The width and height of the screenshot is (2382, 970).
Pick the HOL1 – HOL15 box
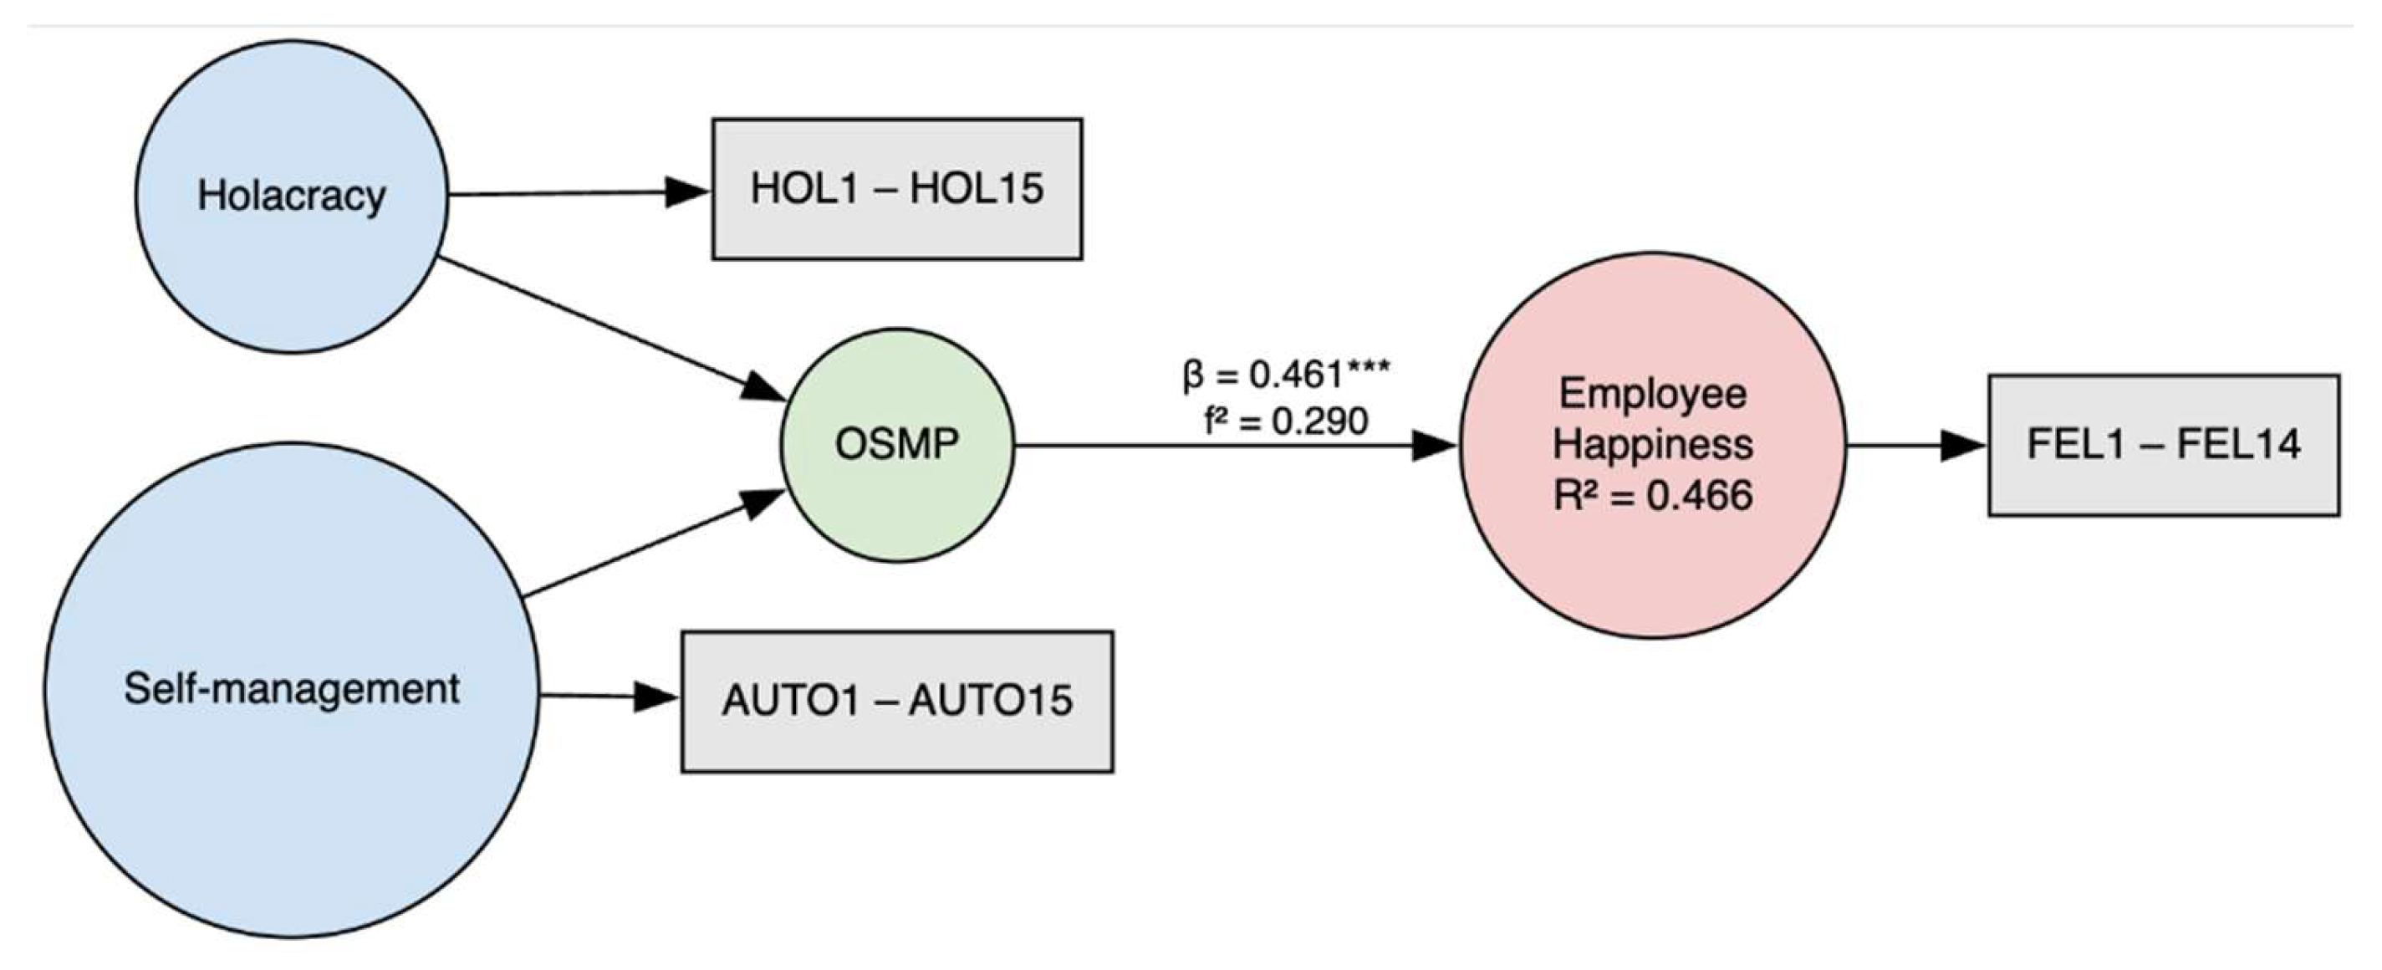click(897, 189)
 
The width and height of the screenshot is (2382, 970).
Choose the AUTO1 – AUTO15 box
click(897, 701)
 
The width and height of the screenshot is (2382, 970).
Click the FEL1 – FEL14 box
click(2164, 445)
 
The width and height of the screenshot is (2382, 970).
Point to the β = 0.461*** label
click(1285, 375)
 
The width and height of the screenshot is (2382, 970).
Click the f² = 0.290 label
click(1285, 421)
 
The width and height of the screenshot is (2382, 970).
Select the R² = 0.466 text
click(1652, 496)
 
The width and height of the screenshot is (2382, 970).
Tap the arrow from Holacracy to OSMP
click(610, 329)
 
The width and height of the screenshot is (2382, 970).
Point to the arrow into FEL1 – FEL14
click(1914, 446)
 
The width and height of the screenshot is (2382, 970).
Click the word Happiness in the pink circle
click(1652, 444)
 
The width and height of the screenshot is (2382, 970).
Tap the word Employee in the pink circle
click(1652, 394)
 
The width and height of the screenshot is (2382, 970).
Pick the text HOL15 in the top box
click(977, 189)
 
